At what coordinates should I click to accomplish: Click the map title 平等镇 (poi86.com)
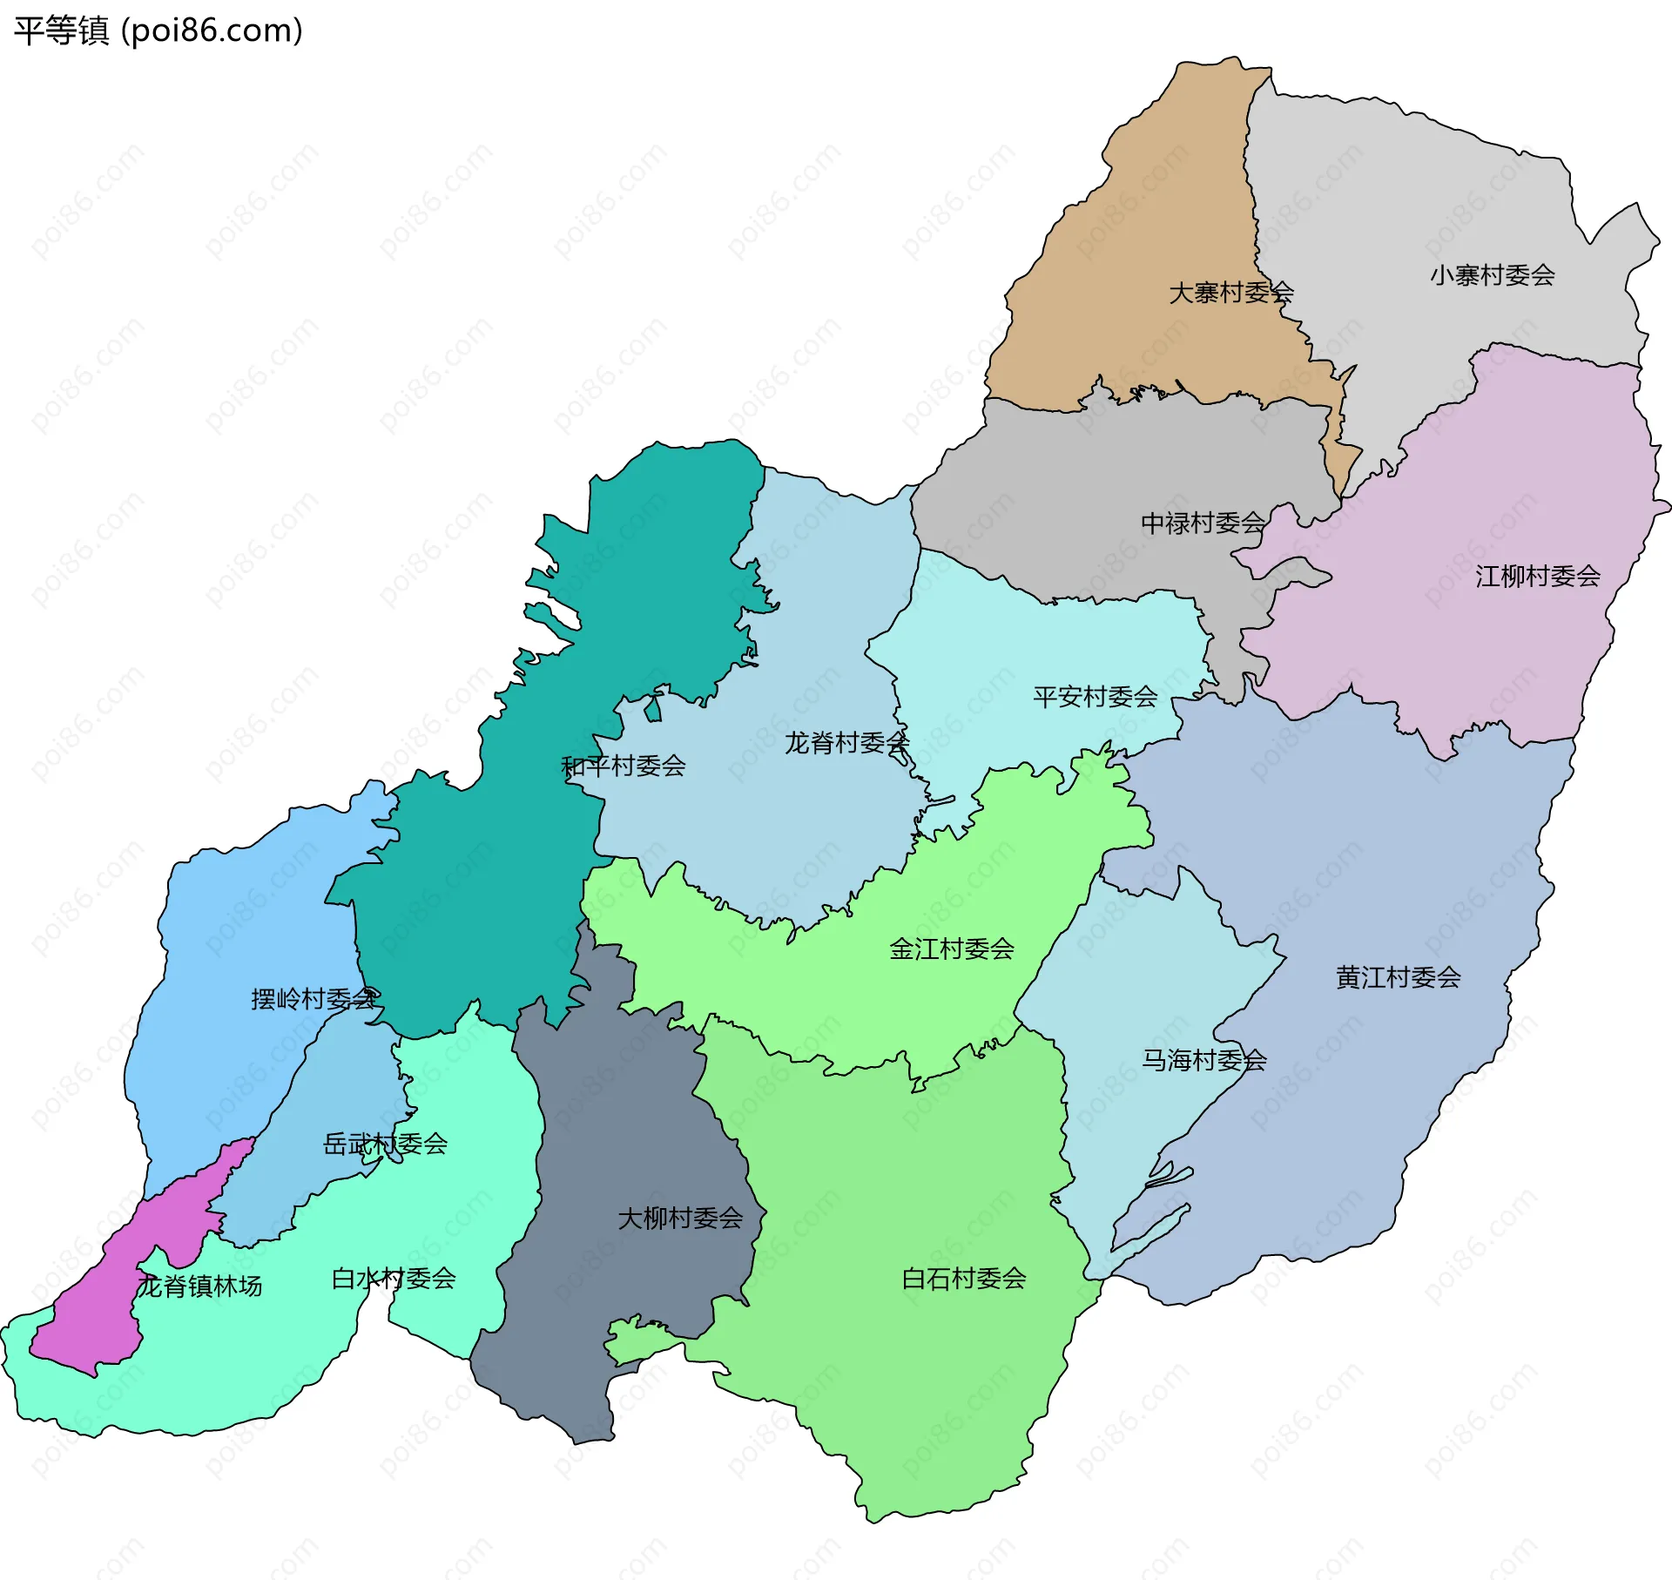(158, 30)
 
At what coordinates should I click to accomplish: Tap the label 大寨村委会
(1230, 293)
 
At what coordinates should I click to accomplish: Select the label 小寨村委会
(1492, 275)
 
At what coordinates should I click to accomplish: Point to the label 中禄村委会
(1203, 523)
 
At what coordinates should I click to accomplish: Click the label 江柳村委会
(1537, 576)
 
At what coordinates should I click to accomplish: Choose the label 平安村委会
(1095, 697)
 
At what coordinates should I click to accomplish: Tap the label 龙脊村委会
(846, 743)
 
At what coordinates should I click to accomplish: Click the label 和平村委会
(623, 766)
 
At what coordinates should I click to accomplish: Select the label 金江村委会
(951, 949)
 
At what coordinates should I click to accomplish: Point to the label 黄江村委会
(1398, 977)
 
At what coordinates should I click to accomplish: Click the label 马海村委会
(1203, 1060)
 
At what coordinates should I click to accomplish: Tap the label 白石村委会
(963, 1279)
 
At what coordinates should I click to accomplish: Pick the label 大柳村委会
(679, 1218)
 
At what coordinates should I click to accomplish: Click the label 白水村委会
(394, 1279)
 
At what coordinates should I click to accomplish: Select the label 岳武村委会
(385, 1144)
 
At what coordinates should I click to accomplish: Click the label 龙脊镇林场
(199, 1286)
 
